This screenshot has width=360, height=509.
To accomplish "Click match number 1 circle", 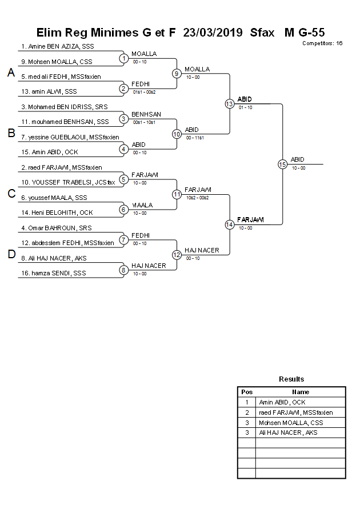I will (123, 58).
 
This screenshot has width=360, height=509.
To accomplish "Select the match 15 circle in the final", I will (282, 164).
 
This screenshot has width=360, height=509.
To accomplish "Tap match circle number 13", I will (229, 104).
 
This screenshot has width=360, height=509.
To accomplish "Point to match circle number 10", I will (177, 134).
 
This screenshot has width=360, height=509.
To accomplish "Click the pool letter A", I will (11, 73).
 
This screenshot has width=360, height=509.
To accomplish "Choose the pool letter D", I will (11, 255).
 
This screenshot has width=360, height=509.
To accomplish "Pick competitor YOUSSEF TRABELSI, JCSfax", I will (68, 182).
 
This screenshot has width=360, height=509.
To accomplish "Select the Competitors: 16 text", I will (322, 43).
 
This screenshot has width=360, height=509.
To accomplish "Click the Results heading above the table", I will (291, 379).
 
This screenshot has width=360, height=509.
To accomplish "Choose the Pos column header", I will (247, 392).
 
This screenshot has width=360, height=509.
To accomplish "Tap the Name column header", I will (301, 392).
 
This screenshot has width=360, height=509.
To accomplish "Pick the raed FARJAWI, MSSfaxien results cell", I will (295, 412).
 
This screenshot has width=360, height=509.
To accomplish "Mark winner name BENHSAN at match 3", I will (144, 114).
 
